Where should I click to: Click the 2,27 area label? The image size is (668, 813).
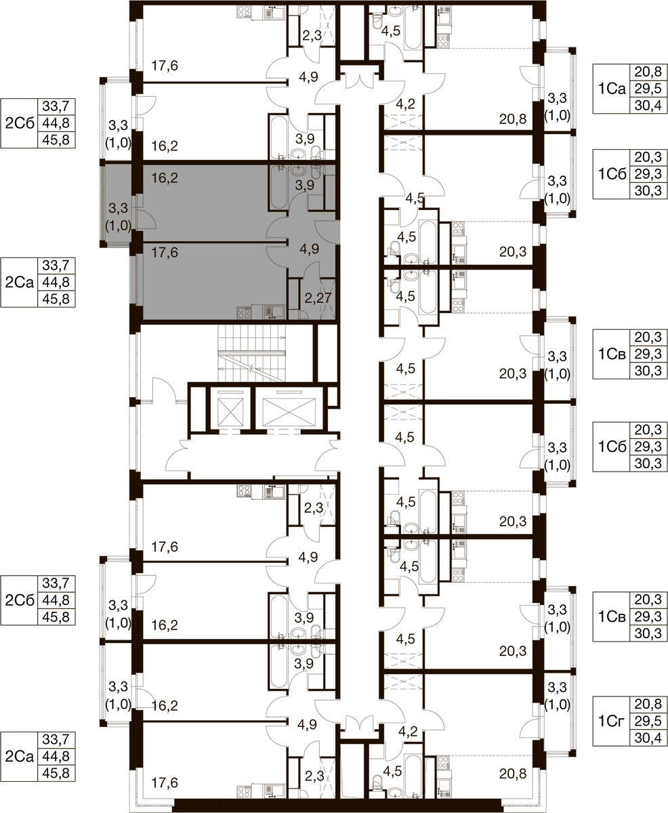pyautogui.click(x=318, y=298)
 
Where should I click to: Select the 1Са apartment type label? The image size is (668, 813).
pyautogui.click(x=611, y=89)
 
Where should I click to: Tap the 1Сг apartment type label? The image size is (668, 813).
pyautogui.click(x=611, y=721)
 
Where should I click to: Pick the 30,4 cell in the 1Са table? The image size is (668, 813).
pyautogui.click(x=648, y=105)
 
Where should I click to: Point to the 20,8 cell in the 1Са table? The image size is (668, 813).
pyautogui.click(x=648, y=72)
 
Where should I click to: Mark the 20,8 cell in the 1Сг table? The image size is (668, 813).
pyautogui.click(x=648, y=704)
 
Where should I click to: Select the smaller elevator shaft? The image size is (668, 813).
pyautogui.click(x=231, y=412)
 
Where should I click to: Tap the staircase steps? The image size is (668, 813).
pyautogui.click(x=252, y=354)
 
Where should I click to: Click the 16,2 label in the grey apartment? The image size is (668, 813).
pyautogui.click(x=165, y=178)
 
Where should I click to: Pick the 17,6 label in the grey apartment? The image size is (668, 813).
pyautogui.click(x=165, y=253)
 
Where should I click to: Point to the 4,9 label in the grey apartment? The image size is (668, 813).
pyautogui.click(x=309, y=249)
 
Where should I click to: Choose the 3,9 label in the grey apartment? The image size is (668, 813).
pyautogui.click(x=304, y=186)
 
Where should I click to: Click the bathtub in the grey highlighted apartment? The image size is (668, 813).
pyautogui.click(x=278, y=188)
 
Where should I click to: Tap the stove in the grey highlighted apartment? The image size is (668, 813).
pyautogui.click(x=244, y=312)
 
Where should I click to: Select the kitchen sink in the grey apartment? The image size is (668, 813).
pyautogui.click(x=274, y=312)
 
